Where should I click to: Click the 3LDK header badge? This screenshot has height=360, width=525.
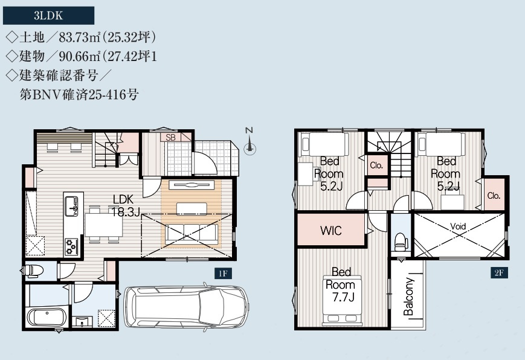(x=48, y=16)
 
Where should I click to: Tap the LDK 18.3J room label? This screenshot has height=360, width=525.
(x=124, y=205)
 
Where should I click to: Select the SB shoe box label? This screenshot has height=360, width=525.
(x=170, y=137)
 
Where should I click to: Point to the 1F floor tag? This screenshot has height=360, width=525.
(x=223, y=274)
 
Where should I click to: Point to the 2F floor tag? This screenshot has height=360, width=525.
(x=499, y=272)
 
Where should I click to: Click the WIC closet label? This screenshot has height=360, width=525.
(x=331, y=230)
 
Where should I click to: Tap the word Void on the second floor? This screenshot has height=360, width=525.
(x=458, y=227)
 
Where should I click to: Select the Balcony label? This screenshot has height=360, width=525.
(x=409, y=297)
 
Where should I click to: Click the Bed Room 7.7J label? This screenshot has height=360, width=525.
(x=341, y=284)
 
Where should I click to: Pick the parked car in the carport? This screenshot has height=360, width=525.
(x=187, y=306)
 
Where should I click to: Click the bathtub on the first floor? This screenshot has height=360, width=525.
(x=46, y=317)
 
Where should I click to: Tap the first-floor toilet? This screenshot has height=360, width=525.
(x=33, y=271)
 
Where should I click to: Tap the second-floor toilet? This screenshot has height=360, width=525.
(x=401, y=242)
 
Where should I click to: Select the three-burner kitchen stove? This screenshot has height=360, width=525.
(x=71, y=246)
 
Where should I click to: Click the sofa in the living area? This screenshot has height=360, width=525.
(x=192, y=232)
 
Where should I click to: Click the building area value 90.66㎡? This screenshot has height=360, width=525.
(x=80, y=56)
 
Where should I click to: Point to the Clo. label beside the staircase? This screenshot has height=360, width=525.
(x=376, y=165)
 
